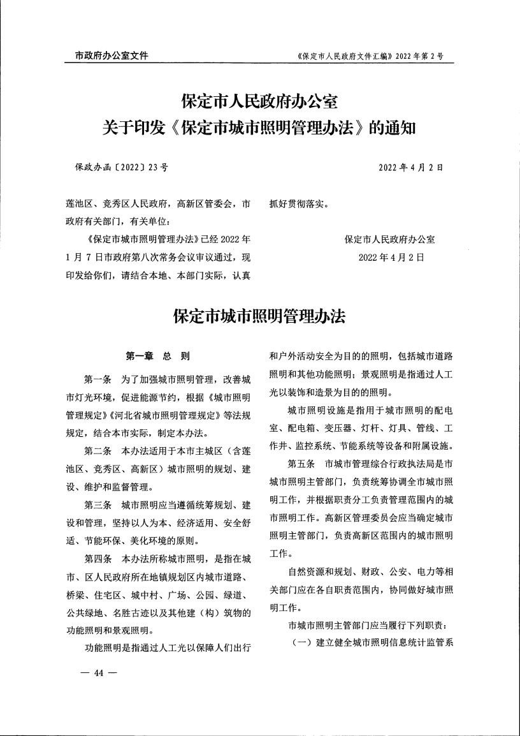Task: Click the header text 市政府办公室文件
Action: pos(107,55)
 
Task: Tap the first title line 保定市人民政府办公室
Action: pos(259,101)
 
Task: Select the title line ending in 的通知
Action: pos(259,128)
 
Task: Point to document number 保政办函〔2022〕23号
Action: pos(121,168)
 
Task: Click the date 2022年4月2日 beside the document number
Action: pos(411,168)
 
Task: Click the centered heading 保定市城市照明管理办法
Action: pos(259,316)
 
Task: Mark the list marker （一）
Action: pos(301,643)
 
